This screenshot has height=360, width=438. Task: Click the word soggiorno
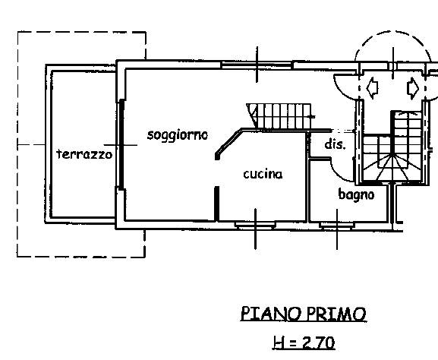tap(178, 135)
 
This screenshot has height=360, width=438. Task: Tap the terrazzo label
tap(84, 154)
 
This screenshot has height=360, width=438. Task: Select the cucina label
tap(263, 174)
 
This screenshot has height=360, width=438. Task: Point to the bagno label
tap(356, 194)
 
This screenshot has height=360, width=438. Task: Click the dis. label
tap(336, 144)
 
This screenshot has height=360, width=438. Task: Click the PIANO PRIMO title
tap(304, 314)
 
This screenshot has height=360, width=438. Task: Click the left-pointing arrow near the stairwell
tap(372, 87)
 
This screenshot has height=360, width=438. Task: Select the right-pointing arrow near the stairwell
tap(413, 88)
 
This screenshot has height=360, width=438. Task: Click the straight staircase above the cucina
tap(280, 116)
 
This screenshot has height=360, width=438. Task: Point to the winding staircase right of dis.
tap(392, 147)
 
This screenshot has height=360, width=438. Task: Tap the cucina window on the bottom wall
tap(255, 225)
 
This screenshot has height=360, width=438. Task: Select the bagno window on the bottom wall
tap(337, 226)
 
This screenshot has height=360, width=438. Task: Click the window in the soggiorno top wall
tap(257, 65)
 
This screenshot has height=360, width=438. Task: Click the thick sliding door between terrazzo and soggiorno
tap(121, 144)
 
